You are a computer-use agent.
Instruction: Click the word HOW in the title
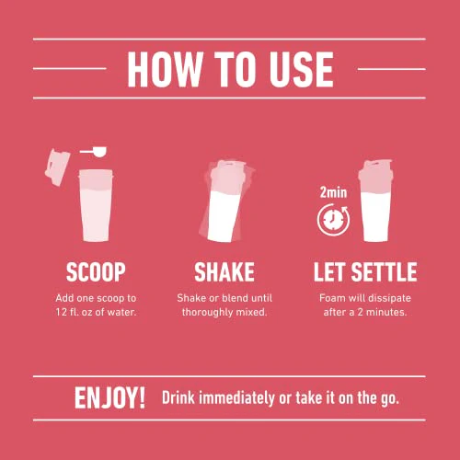click(x=166, y=69)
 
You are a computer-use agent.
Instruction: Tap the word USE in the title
click(x=301, y=69)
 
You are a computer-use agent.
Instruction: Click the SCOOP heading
click(x=96, y=271)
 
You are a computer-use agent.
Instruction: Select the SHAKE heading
click(x=224, y=271)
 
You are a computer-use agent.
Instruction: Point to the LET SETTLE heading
click(x=365, y=271)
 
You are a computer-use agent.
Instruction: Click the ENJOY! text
click(x=109, y=397)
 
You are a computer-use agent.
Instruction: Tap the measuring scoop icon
click(x=93, y=152)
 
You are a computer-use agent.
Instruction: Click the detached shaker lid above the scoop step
click(x=57, y=167)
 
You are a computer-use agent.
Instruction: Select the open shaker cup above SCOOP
click(x=96, y=205)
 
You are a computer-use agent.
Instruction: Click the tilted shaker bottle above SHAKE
click(x=227, y=201)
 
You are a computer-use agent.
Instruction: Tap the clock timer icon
click(x=333, y=220)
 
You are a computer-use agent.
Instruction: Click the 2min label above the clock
click(x=333, y=192)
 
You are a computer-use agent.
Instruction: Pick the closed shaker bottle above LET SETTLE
click(x=375, y=201)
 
